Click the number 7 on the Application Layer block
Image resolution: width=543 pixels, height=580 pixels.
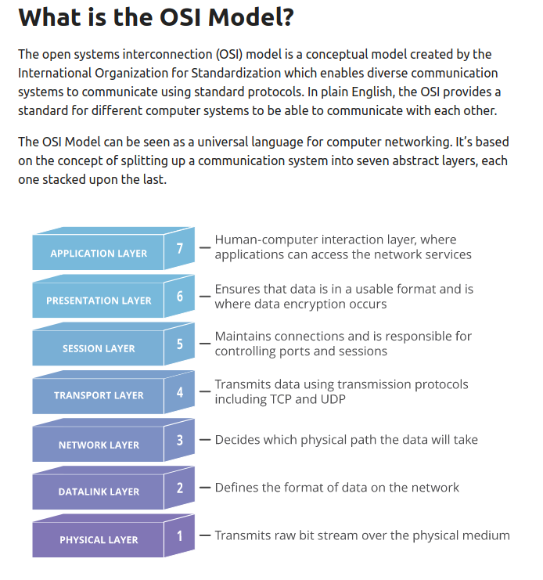pyautogui.click(x=180, y=249)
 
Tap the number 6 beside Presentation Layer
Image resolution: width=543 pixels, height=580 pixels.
pyautogui.click(x=180, y=296)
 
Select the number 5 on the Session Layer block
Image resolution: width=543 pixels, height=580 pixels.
pyautogui.click(x=180, y=344)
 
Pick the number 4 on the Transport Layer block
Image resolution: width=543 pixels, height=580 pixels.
pyautogui.click(x=180, y=391)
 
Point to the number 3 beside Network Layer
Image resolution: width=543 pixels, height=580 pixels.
pyautogui.click(x=180, y=440)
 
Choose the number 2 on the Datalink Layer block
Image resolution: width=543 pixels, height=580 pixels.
pyautogui.click(x=180, y=488)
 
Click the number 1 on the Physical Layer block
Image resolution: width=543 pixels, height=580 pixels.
pyautogui.click(x=180, y=535)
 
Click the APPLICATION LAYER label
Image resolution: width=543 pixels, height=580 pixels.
pyautogui.click(x=99, y=254)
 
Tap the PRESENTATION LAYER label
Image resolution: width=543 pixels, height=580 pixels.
pyautogui.click(x=99, y=301)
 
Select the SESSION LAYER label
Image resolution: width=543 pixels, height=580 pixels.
pyautogui.click(x=99, y=348)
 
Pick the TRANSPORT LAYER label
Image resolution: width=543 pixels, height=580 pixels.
pyautogui.click(x=99, y=395)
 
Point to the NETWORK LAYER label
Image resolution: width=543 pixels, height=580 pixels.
pyautogui.click(x=99, y=445)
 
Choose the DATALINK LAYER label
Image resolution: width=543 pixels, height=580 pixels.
pyautogui.click(x=99, y=492)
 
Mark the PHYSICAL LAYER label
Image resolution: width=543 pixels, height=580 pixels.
pyautogui.click(x=99, y=539)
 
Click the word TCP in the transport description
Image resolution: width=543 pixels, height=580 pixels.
pyautogui.click(x=282, y=399)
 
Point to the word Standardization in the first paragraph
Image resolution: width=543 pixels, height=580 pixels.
pyautogui.click(x=232, y=73)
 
